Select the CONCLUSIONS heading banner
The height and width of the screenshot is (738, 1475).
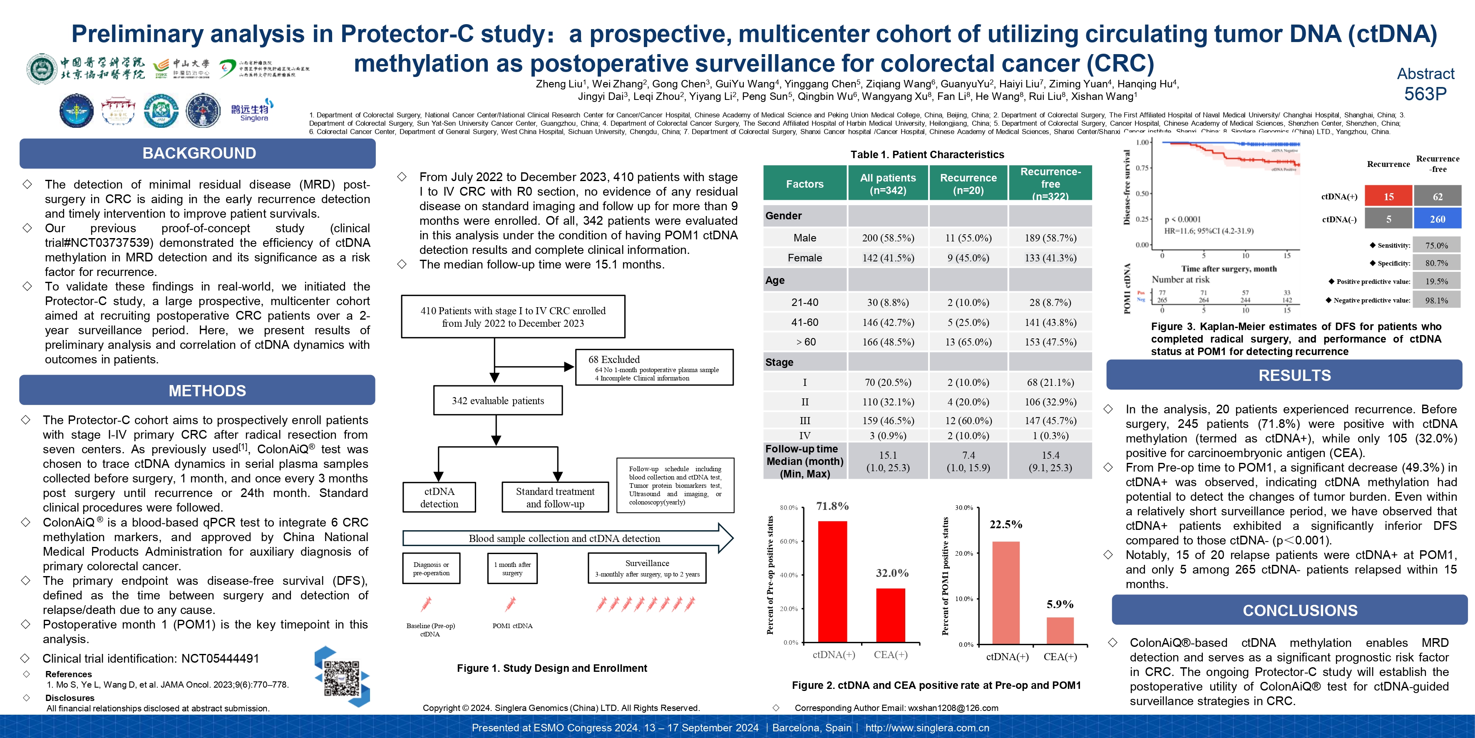(x=1300, y=610)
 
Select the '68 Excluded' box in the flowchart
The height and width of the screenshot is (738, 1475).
(x=654, y=368)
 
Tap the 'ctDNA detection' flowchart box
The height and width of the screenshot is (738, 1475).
(x=439, y=497)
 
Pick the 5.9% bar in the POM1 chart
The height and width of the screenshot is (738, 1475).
(x=1060, y=630)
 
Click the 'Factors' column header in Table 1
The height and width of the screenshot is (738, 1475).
(x=805, y=184)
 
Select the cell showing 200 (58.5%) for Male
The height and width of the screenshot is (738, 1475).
(x=888, y=238)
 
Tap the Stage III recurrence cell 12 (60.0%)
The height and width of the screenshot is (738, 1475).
(x=968, y=421)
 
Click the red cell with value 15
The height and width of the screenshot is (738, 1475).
(x=1388, y=196)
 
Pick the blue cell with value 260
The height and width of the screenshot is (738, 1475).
(x=1437, y=219)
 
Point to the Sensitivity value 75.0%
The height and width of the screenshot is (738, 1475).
(x=1436, y=246)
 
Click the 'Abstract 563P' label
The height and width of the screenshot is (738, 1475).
(x=1425, y=84)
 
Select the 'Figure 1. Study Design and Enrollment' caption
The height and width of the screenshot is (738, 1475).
(x=552, y=668)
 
